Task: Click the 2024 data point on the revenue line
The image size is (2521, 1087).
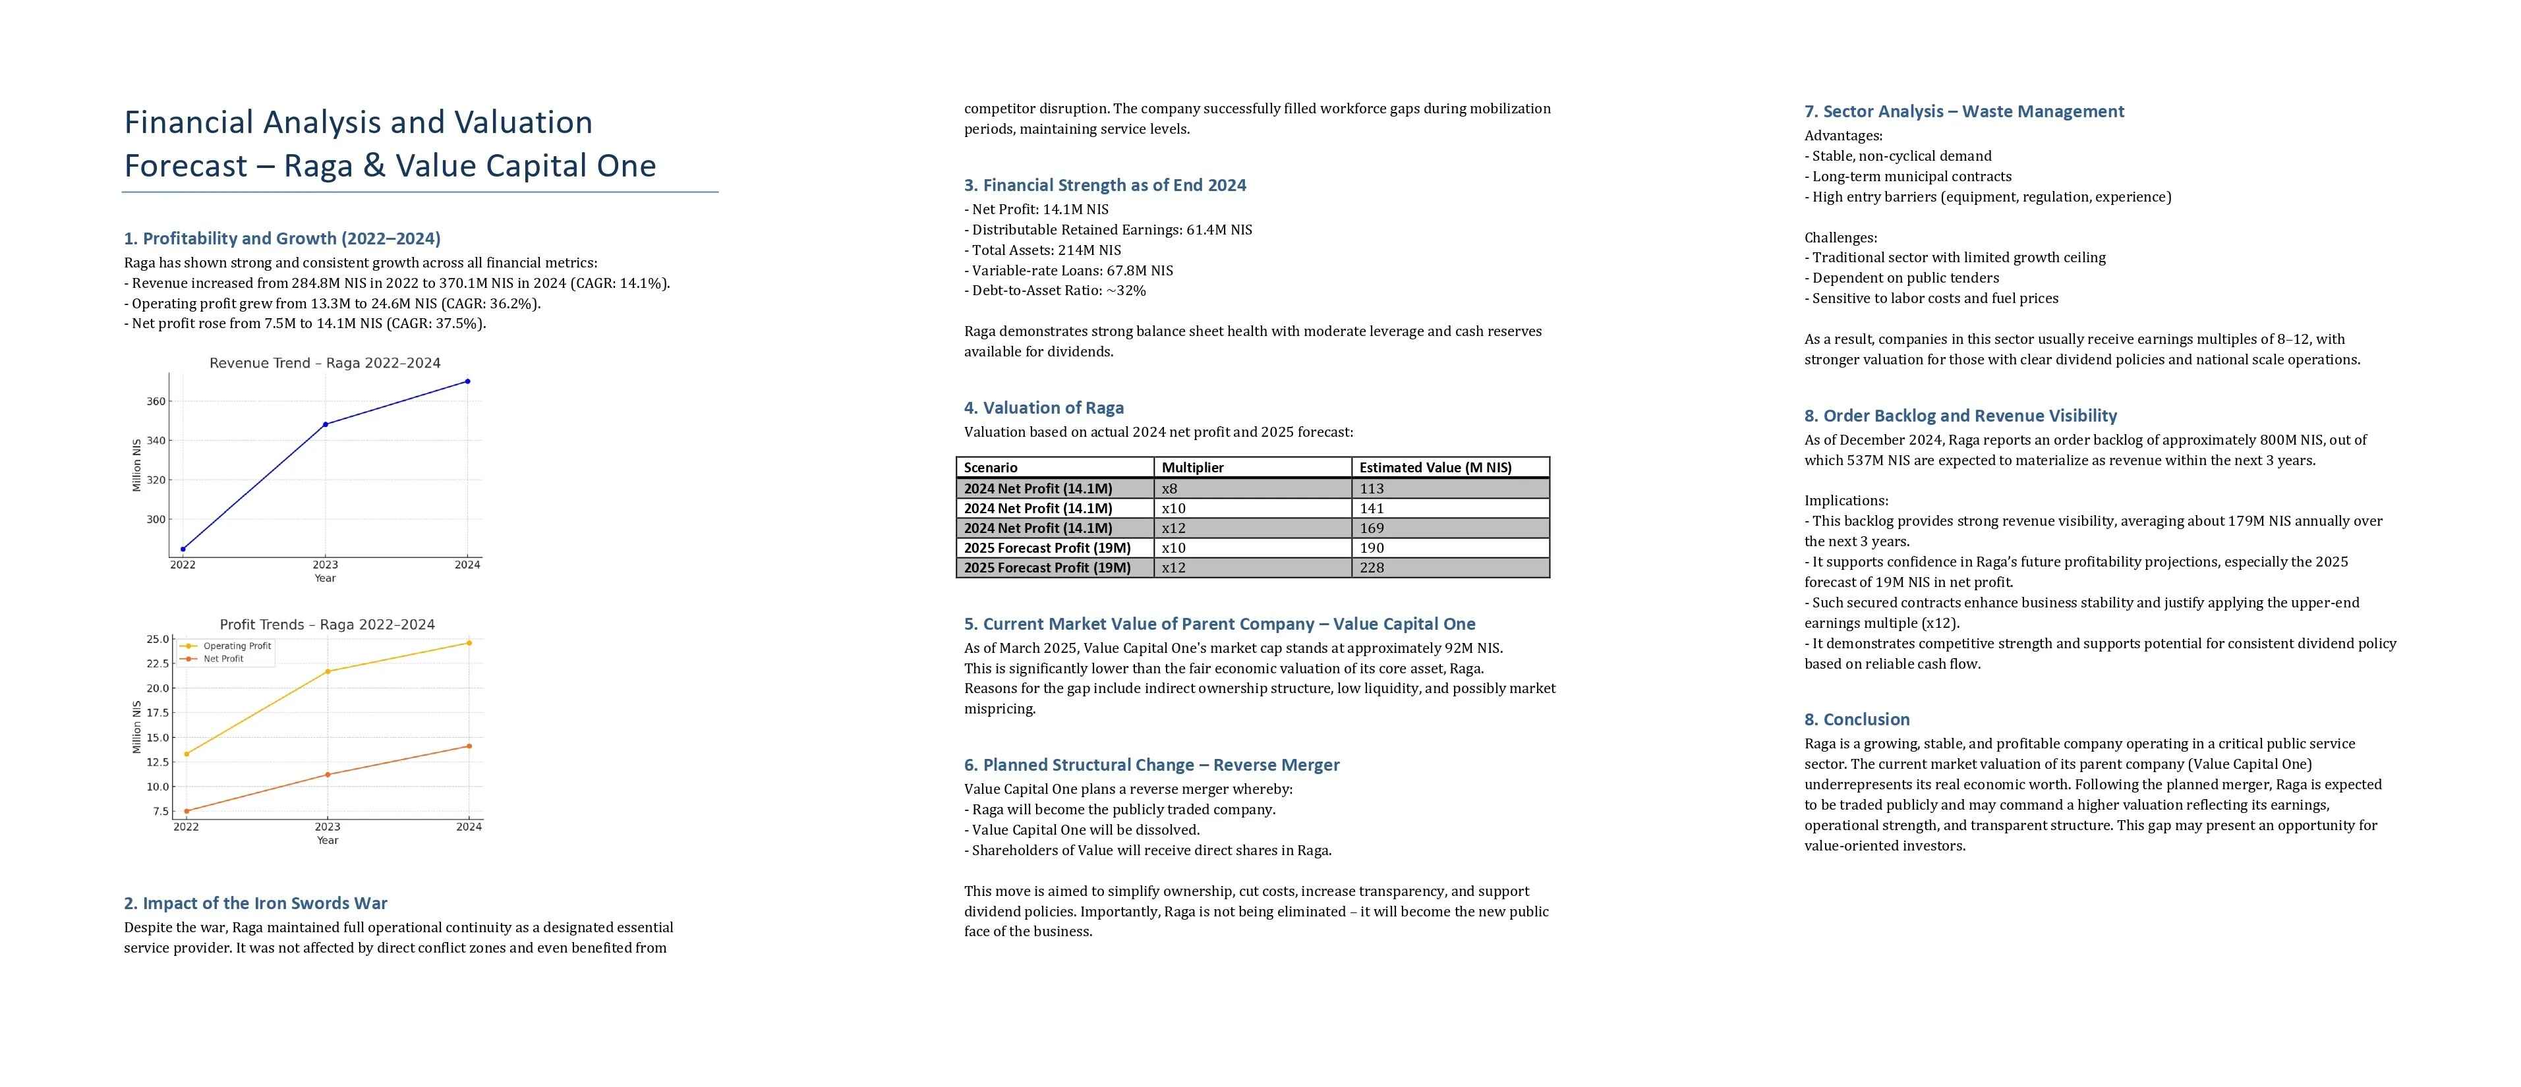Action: tap(468, 381)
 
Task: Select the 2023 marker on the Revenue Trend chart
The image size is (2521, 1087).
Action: tap(325, 425)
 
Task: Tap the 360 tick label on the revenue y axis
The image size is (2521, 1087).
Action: tap(156, 401)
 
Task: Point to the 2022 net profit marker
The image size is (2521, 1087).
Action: tap(186, 811)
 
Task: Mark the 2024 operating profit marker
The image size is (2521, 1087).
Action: tap(469, 643)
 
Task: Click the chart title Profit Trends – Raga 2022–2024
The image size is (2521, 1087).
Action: tap(327, 625)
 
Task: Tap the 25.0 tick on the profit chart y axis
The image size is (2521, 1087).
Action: tap(158, 640)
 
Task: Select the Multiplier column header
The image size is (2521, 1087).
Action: tap(1192, 468)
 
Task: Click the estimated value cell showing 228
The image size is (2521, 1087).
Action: tap(1372, 567)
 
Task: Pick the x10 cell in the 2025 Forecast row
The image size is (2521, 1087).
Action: tap(1173, 548)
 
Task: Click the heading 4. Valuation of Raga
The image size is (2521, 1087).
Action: tap(1043, 408)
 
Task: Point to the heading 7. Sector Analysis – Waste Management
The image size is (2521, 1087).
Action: tap(1963, 111)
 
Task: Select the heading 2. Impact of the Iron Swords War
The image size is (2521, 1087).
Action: tap(256, 903)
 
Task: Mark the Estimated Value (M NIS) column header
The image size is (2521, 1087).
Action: tap(1435, 468)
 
